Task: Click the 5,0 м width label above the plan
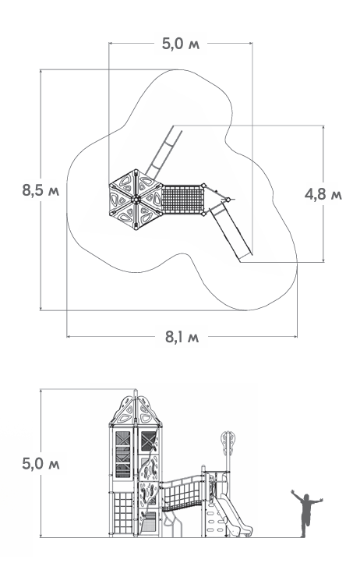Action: point(181,44)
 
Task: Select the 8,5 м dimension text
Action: point(41,190)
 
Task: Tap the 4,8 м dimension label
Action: point(323,194)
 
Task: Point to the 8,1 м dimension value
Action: point(182,337)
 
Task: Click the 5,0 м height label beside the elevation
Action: point(41,464)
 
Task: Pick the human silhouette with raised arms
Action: point(306,512)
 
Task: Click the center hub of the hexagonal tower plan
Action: point(136,199)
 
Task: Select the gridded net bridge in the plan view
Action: point(182,199)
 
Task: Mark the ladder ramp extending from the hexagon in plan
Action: point(164,151)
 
